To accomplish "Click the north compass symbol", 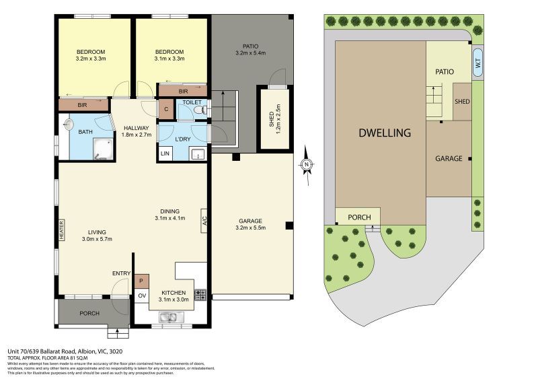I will click(307, 164).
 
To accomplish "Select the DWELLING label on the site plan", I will click(384, 133).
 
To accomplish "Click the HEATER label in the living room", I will click(61, 231).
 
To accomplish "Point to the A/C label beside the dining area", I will click(204, 221).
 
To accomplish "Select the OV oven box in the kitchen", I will click(142, 296).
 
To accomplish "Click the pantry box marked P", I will click(142, 281).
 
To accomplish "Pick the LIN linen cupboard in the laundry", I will click(165, 154).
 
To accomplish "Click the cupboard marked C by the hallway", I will click(165, 109).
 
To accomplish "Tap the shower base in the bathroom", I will click(102, 150).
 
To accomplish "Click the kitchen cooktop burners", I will click(200, 293).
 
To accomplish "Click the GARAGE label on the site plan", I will click(448, 159).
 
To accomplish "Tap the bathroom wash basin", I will click(70, 125).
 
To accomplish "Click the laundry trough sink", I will click(198, 154).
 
